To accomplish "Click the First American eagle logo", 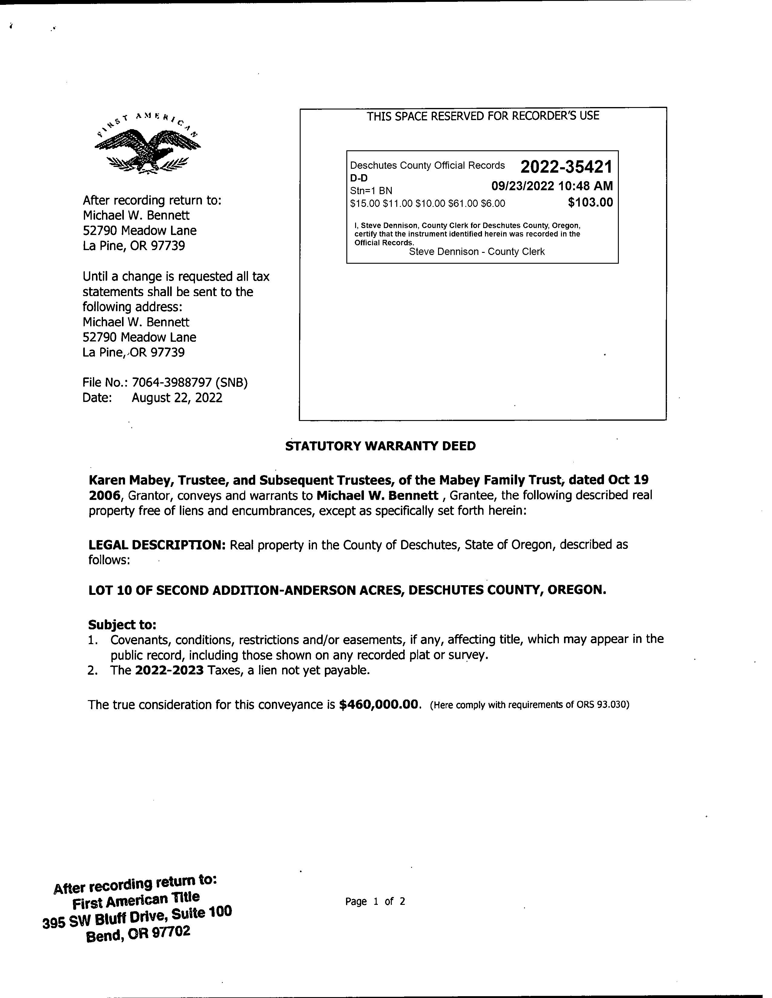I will click(147, 145).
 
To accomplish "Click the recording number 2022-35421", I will click(566, 167).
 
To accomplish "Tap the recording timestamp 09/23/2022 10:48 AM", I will click(552, 186).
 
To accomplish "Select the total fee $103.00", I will click(590, 202).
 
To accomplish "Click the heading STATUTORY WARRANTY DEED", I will click(380, 446).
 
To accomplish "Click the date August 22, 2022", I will click(177, 398).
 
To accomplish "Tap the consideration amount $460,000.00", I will click(379, 705).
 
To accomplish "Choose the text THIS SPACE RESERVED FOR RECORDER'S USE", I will click(483, 116).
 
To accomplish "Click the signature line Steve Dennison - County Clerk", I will click(477, 252).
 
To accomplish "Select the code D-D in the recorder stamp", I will click(358, 178).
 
